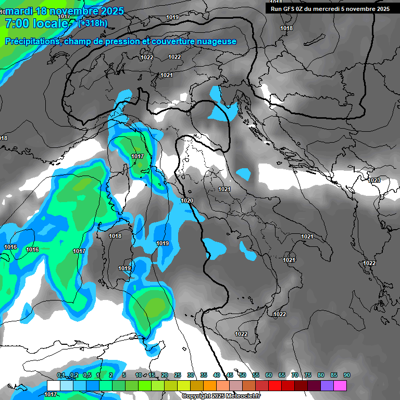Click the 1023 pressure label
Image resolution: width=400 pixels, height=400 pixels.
click(374, 180)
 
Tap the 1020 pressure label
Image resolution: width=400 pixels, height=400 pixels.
click(187, 201)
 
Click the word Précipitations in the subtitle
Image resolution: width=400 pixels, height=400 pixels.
click(32, 42)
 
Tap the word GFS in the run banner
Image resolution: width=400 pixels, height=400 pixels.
click(291, 9)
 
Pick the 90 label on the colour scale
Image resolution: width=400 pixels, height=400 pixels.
click(346, 376)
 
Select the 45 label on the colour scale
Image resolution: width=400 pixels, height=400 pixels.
click(230, 376)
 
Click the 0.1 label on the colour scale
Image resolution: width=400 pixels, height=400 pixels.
click(60, 376)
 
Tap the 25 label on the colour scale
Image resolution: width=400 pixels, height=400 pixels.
click(178, 376)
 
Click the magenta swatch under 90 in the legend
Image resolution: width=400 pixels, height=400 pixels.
click(340, 385)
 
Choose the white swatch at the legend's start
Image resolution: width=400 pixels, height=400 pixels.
click(53, 385)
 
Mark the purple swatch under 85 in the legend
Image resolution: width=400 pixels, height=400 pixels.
click(327, 385)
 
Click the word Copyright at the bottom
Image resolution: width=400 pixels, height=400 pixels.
click(196, 396)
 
